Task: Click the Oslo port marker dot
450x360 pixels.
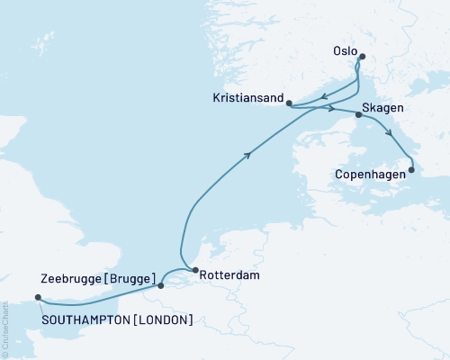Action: click(x=362, y=58)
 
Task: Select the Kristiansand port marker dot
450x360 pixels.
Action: click(x=288, y=103)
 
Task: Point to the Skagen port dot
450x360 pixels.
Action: click(x=358, y=115)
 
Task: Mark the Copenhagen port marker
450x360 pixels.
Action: click(x=411, y=169)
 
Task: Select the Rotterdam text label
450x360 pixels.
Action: click(x=232, y=276)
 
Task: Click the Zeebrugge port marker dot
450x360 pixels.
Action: click(x=160, y=286)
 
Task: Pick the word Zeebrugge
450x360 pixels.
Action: click(x=71, y=277)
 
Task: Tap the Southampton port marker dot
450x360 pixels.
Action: click(x=37, y=298)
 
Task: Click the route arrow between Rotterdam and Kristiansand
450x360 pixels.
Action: click(x=247, y=156)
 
